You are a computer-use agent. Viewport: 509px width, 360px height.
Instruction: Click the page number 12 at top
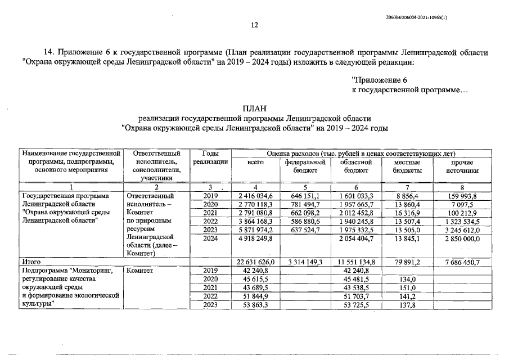point(254,25)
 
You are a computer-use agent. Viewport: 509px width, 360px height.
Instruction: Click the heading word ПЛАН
point(254,109)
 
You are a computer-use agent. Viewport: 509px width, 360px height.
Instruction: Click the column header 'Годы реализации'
point(210,157)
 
